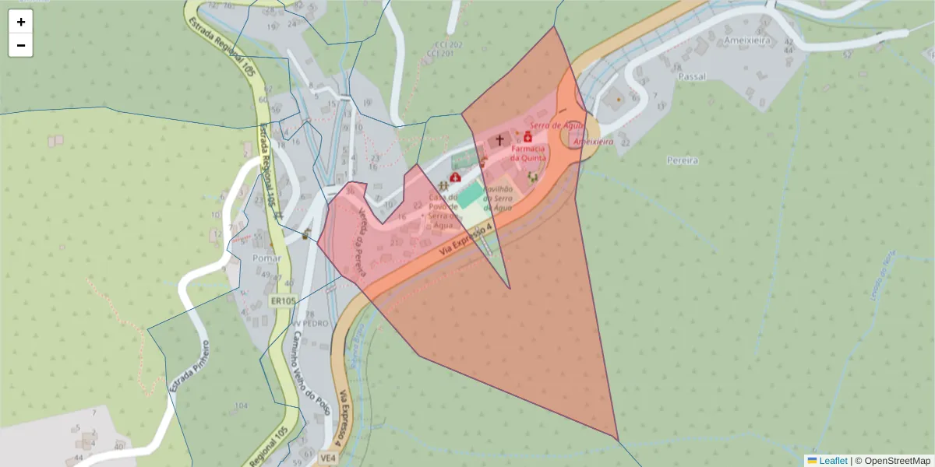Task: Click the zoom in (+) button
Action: [21, 22]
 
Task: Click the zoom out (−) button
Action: [21, 45]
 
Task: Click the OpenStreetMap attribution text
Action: [892, 461]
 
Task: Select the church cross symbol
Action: [499, 141]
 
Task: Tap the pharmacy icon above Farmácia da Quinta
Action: [527, 137]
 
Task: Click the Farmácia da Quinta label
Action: [528, 153]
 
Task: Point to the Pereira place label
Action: [683, 160]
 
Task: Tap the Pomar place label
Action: [266, 258]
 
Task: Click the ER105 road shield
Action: [284, 301]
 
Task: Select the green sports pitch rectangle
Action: [469, 195]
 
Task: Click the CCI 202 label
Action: [444, 45]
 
